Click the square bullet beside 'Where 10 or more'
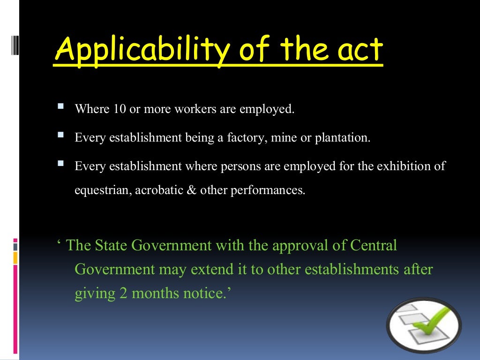60,107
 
